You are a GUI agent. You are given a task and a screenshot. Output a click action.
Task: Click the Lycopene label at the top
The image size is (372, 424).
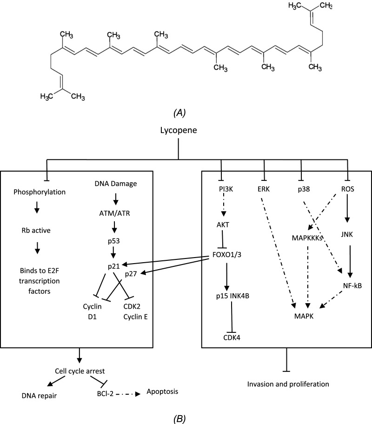click(x=179, y=131)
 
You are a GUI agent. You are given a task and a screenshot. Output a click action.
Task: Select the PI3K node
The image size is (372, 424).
click(x=226, y=189)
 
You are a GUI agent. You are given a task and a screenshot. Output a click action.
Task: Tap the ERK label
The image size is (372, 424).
click(x=264, y=189)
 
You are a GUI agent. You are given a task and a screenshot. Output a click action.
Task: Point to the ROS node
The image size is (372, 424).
click(x=348, y=189)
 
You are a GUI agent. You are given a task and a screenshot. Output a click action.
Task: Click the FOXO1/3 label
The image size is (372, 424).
click(x=227, y=255)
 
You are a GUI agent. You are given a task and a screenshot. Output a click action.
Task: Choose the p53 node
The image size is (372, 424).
click(x=113, y=241)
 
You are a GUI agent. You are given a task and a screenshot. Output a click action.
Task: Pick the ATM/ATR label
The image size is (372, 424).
click(x=114, y=213)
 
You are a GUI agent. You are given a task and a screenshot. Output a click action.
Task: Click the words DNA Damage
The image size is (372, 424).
click(x=116, y=184)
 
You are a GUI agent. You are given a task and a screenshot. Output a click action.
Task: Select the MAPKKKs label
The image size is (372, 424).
click(x=307, y=238)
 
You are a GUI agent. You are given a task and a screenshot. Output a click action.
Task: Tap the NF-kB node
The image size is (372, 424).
click(x=352, y=285)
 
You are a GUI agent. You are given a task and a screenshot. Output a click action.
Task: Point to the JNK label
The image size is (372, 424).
click(x=347, y=234)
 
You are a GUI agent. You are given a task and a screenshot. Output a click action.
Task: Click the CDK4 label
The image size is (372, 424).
click(x=232, y=338)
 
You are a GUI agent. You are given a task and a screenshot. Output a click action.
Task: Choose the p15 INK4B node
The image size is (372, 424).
click(x=232, y=296)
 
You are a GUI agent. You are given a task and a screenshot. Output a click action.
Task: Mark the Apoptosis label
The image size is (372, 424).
click(x=162, y=391)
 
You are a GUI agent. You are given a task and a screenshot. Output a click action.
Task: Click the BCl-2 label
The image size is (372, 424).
click(x=105, y=394)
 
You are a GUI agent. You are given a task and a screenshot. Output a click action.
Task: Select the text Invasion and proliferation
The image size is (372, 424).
click(x=288, y=384)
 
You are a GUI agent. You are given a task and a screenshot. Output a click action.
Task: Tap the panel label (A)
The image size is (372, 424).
click(x=179, y=113)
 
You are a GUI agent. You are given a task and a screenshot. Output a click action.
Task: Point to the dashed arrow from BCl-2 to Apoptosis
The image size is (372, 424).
click(x=128, y=394)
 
